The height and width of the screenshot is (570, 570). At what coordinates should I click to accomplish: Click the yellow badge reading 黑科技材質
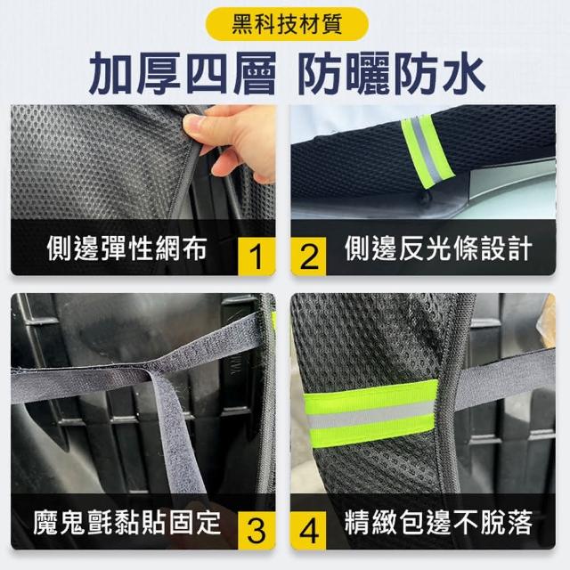pyautogui.click(x=287, y=24)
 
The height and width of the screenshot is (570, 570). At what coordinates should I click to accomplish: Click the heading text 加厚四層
pyautogui.click(x=183, y=73)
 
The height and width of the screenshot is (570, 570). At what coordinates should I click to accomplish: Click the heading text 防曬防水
pyautogui.click(x=392, y=73)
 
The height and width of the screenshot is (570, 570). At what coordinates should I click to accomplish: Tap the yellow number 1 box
pyautogui.click(x=256, y=256)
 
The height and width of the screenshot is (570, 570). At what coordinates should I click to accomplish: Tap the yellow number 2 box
pyautogui.click(x=309, y=256)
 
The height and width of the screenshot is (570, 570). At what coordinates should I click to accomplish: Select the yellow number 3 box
pyautogui.click(x=256, y=531)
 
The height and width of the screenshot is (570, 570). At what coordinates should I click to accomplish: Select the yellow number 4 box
pyautogui.click(x=309, y=531)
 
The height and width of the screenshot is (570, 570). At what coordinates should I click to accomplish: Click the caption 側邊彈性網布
pyautogui.click(x=127, y=248)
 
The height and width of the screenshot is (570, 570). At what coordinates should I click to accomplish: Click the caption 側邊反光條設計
pyautogui.click(x=439, y=248)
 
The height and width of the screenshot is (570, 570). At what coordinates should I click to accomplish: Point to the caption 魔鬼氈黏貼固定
pyautogui.click(x=127, y=523)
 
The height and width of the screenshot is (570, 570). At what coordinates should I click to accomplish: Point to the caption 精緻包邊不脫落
pyautogui.click(x=439, y=523)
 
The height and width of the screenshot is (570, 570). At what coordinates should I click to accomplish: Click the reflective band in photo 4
pyautogui.click(x=370, y=413)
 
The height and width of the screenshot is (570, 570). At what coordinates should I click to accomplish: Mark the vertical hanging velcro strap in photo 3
pyautogui.click(x=174, y=433)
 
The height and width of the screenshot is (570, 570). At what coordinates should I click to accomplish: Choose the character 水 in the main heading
pyautogui.click(x=463, y=73)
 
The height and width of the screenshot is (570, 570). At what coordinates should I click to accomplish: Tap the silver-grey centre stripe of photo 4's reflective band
pyautogui.click(x=370, y=415)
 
